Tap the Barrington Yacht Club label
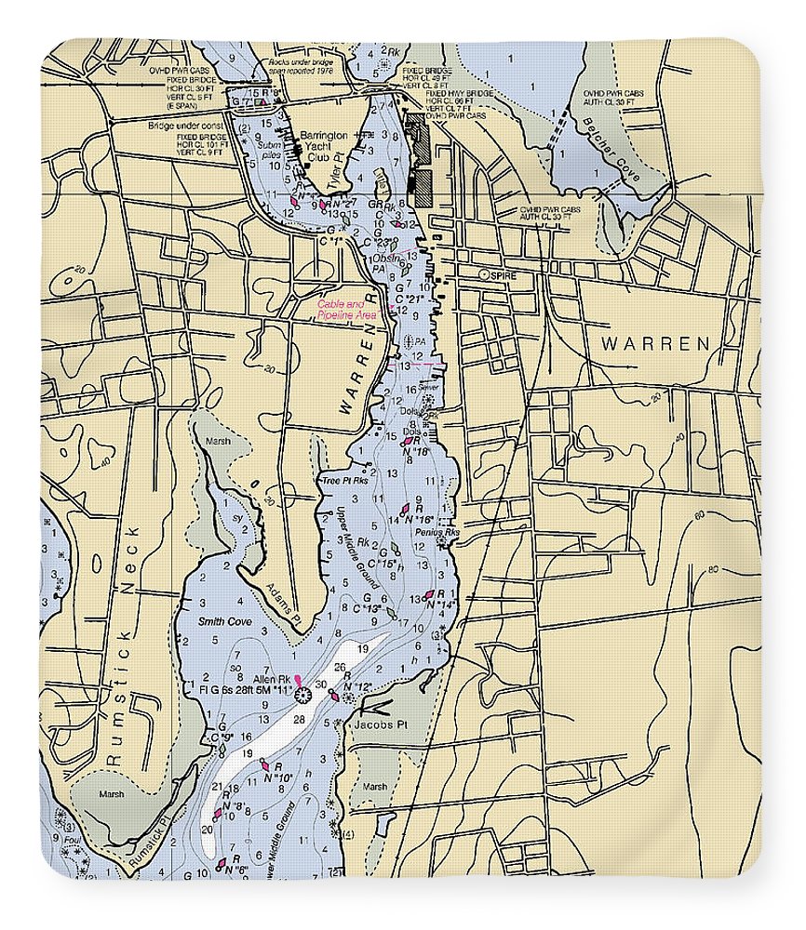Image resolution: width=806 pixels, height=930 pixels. (322, 145)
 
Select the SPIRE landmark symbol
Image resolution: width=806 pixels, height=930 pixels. (483, 276)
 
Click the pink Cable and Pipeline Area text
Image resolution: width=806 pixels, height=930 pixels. (346, 311)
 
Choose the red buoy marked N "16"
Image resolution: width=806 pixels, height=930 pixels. (406, 510)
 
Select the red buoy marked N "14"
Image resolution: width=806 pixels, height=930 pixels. (429, 594)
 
